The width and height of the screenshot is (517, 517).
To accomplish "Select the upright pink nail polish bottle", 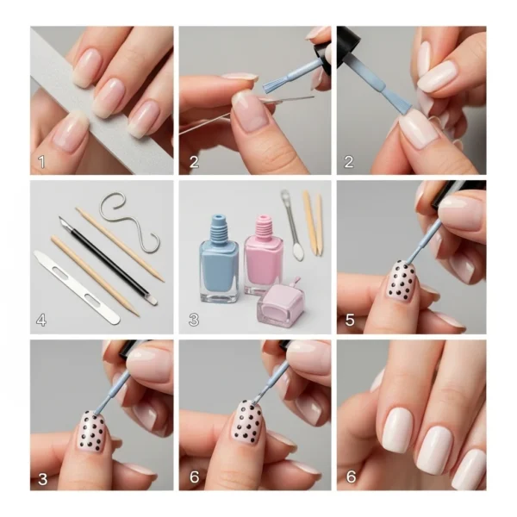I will [263, 254].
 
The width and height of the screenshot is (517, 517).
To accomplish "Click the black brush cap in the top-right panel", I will [347, 44].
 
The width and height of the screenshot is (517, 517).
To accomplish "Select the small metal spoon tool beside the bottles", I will [291, 226].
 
